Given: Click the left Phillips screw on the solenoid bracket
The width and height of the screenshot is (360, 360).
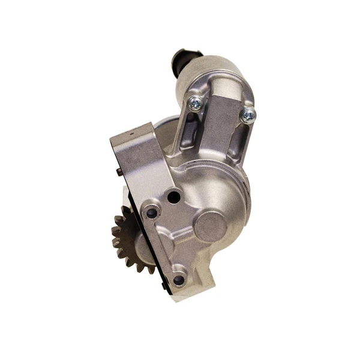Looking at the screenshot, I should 195,103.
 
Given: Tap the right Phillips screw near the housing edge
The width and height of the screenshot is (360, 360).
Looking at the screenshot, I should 247,115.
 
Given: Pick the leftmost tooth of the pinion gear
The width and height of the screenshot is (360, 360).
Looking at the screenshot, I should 115,232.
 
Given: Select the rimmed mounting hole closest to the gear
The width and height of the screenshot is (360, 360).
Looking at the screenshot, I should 152,212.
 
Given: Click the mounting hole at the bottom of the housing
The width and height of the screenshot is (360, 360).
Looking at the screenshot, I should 178,280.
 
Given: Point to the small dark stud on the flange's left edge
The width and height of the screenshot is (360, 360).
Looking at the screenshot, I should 119,172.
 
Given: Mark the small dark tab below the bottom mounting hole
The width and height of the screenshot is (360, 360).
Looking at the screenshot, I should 164,287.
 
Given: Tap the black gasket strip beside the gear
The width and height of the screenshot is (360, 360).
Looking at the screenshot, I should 125,198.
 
